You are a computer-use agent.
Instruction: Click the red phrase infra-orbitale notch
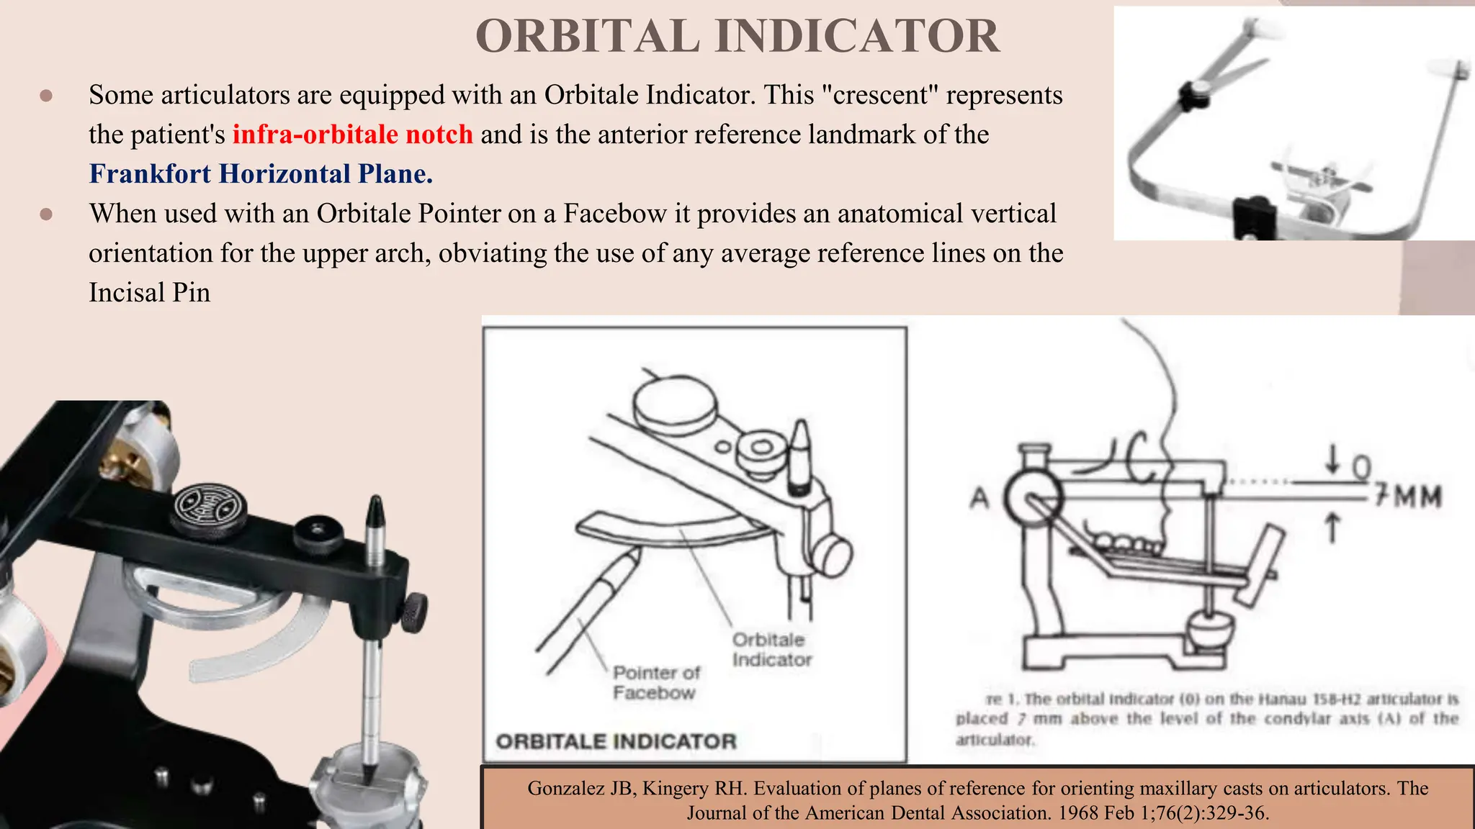click(352, 135)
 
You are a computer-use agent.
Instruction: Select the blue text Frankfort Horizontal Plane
click(261, 174)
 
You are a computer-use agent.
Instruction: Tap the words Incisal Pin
click(149, 293)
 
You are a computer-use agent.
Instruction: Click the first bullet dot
click(46, 96)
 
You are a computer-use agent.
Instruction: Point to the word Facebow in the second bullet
click(615, 214)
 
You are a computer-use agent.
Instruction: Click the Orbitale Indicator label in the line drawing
click(771, 650)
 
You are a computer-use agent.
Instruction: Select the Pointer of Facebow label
click(655, 682)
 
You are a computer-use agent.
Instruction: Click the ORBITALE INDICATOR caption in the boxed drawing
click(616, 741)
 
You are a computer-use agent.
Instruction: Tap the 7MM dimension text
click(1408, 497)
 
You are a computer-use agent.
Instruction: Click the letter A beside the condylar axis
click(979, 497)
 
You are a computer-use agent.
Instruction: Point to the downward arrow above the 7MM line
click(1332, 459)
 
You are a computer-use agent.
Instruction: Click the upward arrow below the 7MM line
click(1332, 527)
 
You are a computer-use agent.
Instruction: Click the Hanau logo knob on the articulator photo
click(210, 507)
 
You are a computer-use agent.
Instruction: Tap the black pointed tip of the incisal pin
click(375, 512)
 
